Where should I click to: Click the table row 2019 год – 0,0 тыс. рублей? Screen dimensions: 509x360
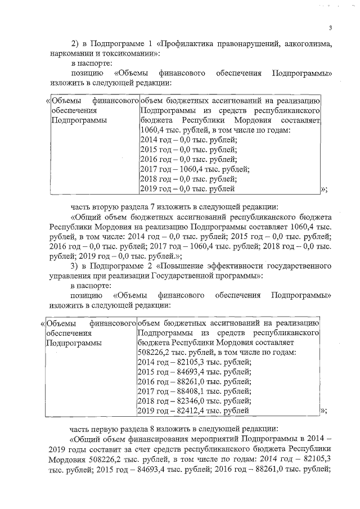[188, 189]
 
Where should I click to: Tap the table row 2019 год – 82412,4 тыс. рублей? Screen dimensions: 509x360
[194, 411]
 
